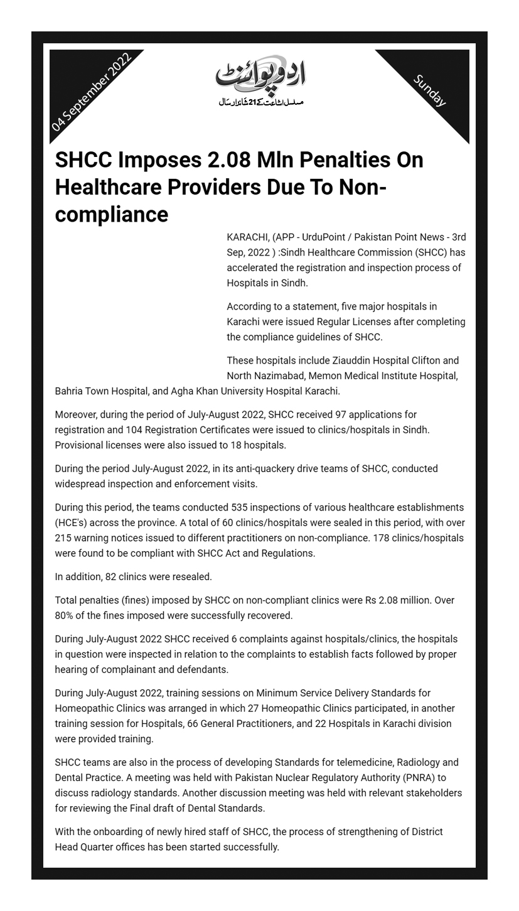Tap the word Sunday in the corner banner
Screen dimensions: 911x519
(x=430, y=90)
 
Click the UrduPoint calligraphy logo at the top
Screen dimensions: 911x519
(x=260, y=75)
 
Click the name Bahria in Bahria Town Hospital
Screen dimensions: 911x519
(x=70, y=391)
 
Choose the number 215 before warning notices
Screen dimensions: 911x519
(x=63, y=538)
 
